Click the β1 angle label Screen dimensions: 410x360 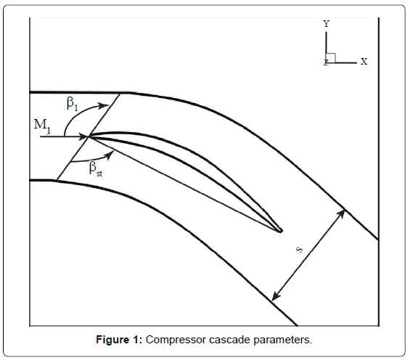coord(72,104)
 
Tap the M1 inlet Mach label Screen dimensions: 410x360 coord(42,126)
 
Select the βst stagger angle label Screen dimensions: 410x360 coord(96,169)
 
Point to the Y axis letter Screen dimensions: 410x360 coord(326,24)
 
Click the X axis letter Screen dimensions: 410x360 coord(364,62)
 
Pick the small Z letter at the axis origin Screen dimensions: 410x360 coord(326,62)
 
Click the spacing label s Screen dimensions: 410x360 coord(300,250)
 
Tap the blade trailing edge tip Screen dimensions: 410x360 coord(282,231)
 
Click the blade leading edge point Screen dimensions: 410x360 coord(89,136)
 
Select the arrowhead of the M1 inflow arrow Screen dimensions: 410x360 coord(84,136)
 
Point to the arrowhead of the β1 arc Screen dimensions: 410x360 coord(104,106)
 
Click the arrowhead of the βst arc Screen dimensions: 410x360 coord(110,155)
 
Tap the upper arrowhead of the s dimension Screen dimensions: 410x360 coord(341,213)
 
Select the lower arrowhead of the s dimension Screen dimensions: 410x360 coord(276,296)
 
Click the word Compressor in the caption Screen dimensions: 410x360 coord(176,340)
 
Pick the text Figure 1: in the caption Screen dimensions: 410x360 coord(119,340)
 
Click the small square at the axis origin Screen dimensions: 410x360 coord(331,58)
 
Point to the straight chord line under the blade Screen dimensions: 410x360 coord(185,184)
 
